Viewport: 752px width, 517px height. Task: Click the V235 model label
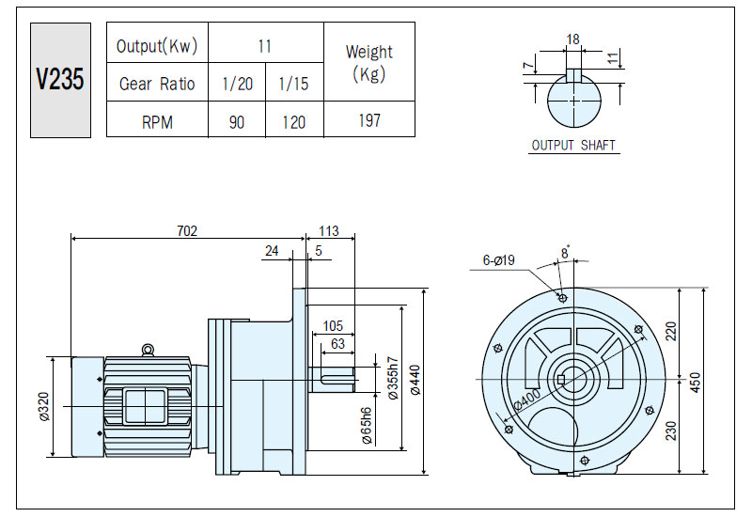(x=60, y=79)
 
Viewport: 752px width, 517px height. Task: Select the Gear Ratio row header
(x=157, y=84)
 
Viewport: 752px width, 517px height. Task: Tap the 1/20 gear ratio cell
(x=238, y=84)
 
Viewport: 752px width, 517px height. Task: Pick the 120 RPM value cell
(x=294, y=122)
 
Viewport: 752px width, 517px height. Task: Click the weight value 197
(x=369, y=120)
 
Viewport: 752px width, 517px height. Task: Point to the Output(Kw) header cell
(x=157, y=46)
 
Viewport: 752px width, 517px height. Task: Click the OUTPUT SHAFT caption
(x=573, y=145)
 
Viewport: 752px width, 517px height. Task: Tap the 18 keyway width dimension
(x=572, y=39)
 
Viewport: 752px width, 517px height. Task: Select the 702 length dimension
(x=187, y=231)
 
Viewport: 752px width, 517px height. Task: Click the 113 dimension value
(x=329, y=231)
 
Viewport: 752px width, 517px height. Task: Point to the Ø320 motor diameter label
(x=44, y=407)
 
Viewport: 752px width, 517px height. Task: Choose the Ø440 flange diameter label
(x=415, y=381)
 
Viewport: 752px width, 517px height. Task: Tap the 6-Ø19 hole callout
(x=499, y=260)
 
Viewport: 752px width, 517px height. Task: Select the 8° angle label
(x=566, y=252)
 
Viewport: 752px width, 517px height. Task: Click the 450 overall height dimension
(x=696, y=383)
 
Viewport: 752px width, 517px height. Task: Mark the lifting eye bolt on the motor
(x=149, y=350)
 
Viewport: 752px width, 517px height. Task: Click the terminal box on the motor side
(x=145, y=406)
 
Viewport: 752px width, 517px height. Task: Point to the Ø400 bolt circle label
(x=526, y=399)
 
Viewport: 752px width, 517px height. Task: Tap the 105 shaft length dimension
(x=333, y=326)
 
